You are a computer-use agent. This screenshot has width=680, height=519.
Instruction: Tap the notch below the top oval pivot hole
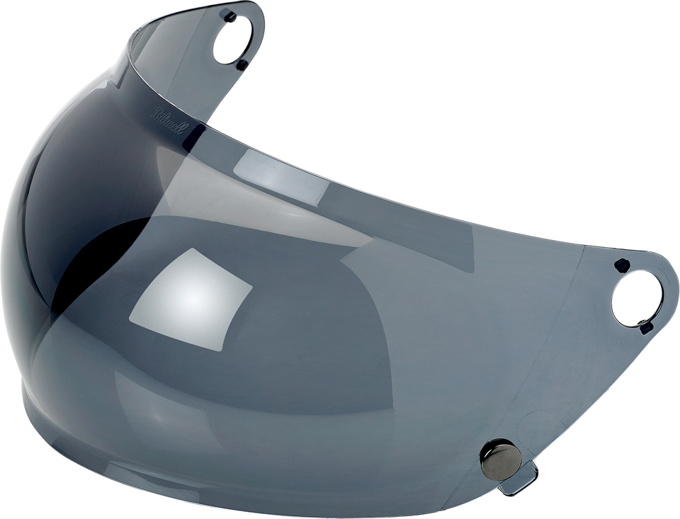242,64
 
